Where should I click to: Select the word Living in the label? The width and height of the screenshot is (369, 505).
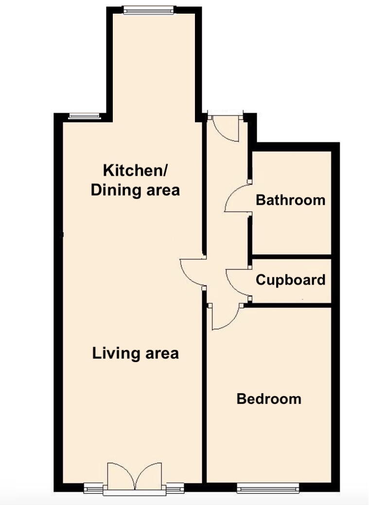click(113, 353)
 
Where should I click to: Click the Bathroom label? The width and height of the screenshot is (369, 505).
click(291, 199)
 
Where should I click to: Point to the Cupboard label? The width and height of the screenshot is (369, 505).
click(291, 280)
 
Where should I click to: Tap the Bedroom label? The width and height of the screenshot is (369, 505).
click(269, 399)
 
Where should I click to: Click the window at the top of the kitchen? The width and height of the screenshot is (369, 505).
click(148, 10)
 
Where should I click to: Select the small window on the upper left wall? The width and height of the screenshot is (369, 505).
click(84, 116)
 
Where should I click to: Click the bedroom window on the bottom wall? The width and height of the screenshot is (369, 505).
click(268, 488)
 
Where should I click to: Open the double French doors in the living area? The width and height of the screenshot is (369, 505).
click(134, 477)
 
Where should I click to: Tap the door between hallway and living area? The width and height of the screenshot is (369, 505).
click(192, 272)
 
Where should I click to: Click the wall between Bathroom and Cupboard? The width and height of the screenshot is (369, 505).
click(291, 256)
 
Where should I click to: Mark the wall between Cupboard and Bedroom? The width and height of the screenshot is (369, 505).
click(291, 305)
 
